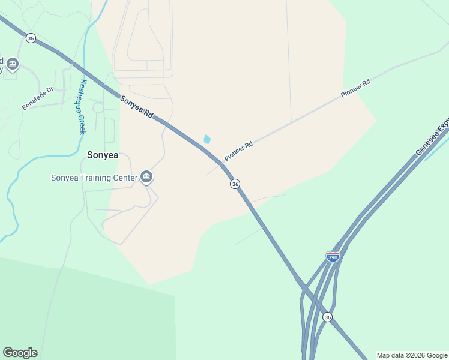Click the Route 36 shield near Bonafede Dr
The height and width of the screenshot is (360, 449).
pyautogui.click(x=31, y=38)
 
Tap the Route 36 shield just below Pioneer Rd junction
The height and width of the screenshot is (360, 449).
pyautogui.click(x=235, y=184)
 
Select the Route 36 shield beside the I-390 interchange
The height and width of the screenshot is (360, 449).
pyautogui.click(x=327, y=316)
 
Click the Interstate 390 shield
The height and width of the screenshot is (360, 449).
pyautogui.click(x=333, y=256)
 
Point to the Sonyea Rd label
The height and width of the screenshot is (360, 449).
pyautogui.click(x=136, y=106)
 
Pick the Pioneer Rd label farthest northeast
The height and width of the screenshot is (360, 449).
pyautogui.click(x=355, y=89)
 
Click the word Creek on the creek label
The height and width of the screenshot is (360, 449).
pyautogui.click(x=82, y=122)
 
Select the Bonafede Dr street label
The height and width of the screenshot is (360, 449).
pyautogui.click(x=38, y=98)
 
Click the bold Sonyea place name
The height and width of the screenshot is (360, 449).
pyautogui.click(x=103, y=155)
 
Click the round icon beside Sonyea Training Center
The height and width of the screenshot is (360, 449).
pyautogui.click(x=146, y=177)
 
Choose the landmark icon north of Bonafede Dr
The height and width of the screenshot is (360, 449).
pyautogui.click(x=12, y=64)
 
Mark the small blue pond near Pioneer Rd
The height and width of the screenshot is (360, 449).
pyautogui.click(x=207, y=139)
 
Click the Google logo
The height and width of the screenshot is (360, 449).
pyautogui.click(x=20, y=353)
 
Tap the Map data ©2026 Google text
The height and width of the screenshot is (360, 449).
pyautogui.click(x=412, y=355)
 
